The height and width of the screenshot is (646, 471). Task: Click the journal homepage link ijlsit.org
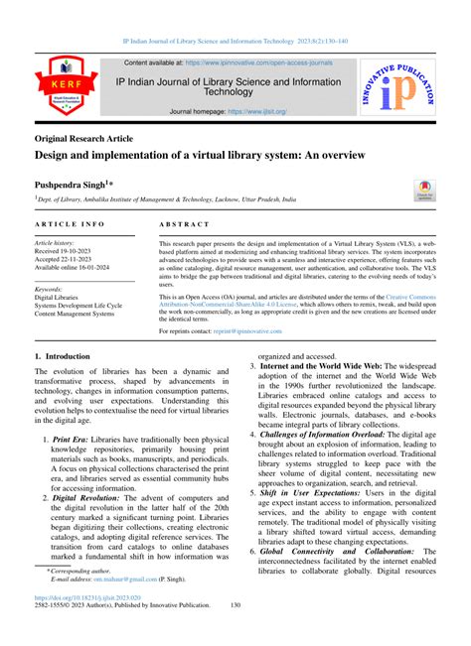pos(263,112)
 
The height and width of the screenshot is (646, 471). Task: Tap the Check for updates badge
pos(425,191)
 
